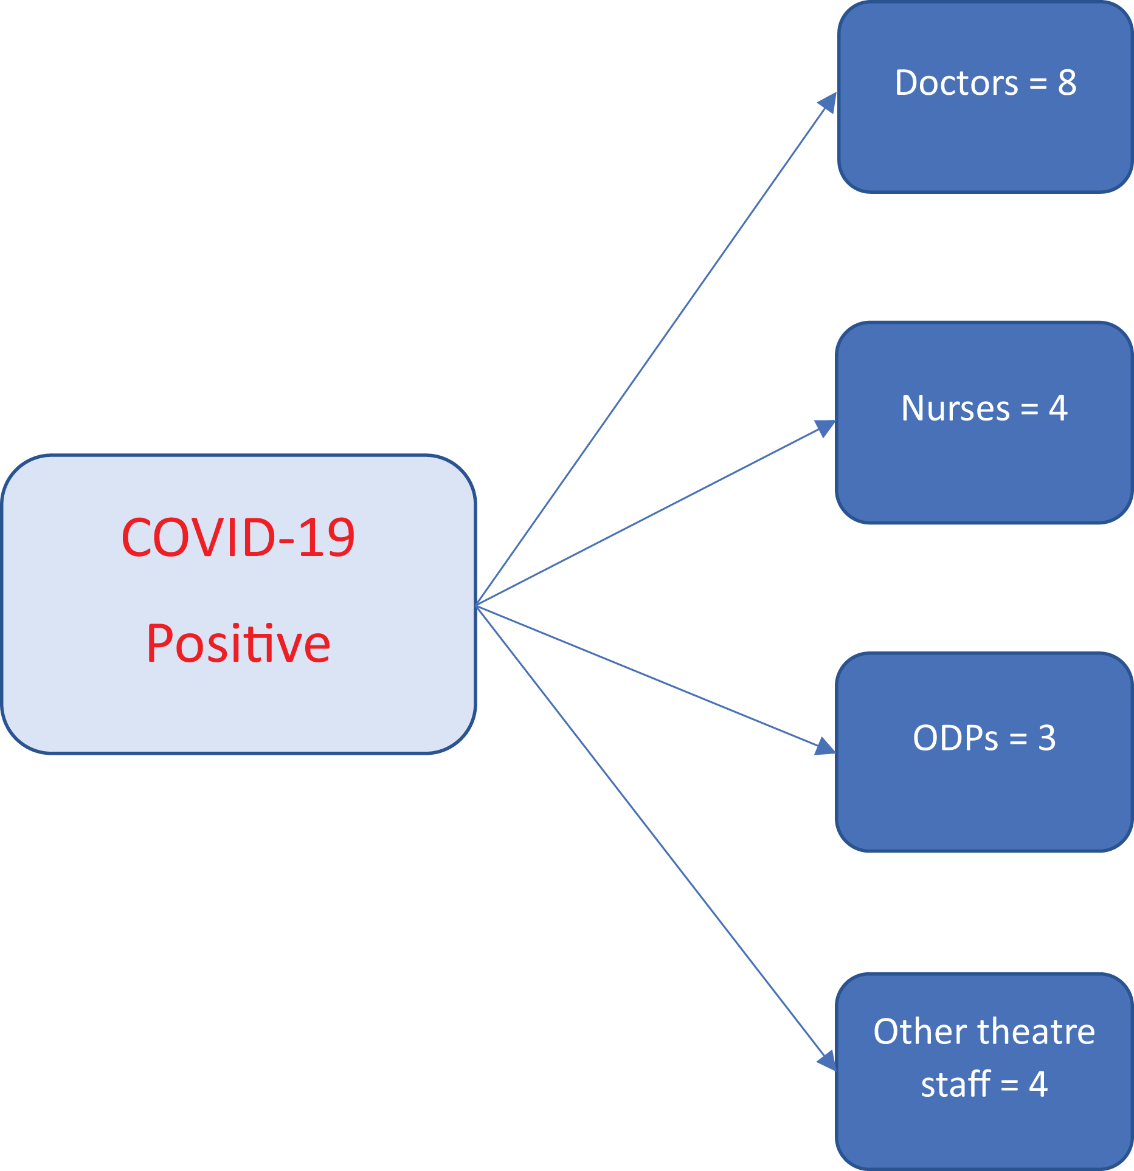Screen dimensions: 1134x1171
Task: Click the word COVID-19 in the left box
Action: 238,537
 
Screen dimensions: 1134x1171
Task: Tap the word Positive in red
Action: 238,643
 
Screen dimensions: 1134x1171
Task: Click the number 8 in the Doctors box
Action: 1067,83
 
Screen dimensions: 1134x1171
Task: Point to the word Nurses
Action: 956,408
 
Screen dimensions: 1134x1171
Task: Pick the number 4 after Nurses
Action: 1059,408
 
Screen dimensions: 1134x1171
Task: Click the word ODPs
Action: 956,738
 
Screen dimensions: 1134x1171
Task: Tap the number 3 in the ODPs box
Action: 1046,738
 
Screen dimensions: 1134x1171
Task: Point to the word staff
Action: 956,1084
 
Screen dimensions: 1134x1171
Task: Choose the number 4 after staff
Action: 1038,1085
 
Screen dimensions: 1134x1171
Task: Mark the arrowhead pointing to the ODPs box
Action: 826,747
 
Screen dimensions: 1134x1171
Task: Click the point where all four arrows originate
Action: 477,605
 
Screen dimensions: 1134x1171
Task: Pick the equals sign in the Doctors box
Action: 1038,84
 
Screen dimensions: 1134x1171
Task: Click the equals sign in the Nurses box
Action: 1029,409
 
